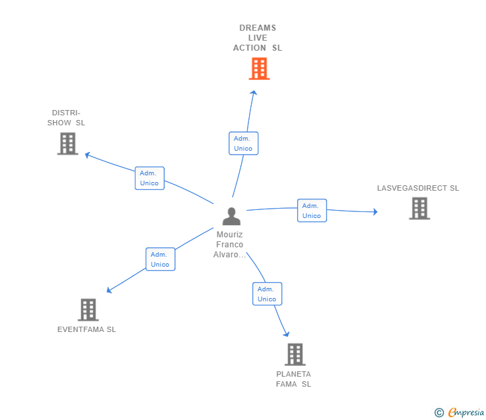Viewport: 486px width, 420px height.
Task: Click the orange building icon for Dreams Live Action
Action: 259,69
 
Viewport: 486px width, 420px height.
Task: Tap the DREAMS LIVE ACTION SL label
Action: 258,38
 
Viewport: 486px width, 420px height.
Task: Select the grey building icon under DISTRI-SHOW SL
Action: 67,143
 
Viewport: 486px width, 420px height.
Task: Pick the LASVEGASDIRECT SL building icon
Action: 419,209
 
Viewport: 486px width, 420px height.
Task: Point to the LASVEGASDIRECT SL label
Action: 418,188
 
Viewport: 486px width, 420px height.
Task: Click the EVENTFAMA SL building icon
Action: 88,309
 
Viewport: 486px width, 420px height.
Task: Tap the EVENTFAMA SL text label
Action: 87,329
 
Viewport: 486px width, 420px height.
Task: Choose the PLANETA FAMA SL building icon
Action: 295,354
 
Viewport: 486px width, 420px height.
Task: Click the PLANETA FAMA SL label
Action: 294,379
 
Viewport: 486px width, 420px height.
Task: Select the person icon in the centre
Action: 231,216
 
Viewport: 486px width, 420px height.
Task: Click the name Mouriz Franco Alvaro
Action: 230,245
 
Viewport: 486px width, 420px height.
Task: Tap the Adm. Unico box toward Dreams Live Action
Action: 243,143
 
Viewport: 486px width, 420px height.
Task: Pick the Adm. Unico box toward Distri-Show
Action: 150,178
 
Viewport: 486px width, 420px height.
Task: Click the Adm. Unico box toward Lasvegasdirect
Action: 312,211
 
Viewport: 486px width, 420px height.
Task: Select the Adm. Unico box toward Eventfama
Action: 160,259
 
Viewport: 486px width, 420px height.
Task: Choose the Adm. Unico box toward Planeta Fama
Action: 267,294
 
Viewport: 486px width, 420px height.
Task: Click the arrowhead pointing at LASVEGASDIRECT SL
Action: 375,212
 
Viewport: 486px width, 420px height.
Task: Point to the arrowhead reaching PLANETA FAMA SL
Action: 286,334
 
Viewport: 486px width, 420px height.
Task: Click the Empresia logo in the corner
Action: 460,412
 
